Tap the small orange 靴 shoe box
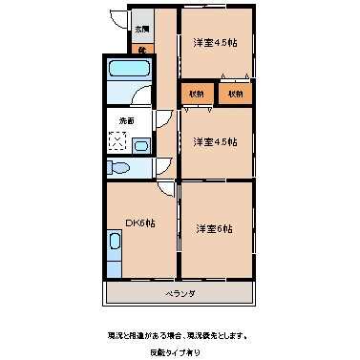[139, 48]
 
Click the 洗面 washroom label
[127, 120]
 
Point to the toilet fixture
[118, 168]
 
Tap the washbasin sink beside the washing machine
[140, 146]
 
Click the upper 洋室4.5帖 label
[215, 43]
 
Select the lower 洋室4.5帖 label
[215, 142]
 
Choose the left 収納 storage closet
[195, 94]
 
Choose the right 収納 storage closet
[235, 94]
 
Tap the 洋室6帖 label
[215, 228]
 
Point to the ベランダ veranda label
[180, 293]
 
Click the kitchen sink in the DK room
[115, 253]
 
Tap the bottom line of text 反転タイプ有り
[180, 352]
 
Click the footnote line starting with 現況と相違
[180, 335]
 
